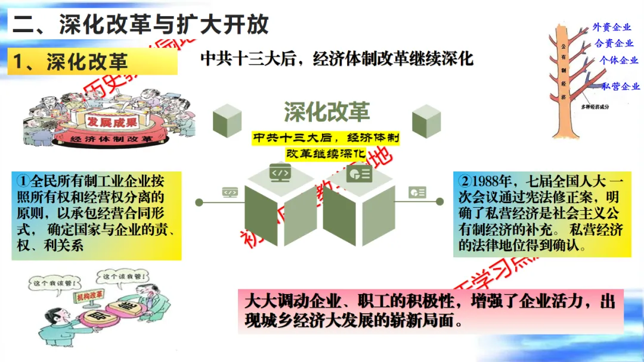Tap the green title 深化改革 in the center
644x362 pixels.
point(326,112)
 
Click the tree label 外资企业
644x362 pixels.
point(612,27)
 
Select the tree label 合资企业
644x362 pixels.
point(614,43)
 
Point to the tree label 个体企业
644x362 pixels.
point(619,60)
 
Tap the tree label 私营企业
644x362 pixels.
point(621,86)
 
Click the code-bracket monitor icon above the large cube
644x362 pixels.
point(280,172)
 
